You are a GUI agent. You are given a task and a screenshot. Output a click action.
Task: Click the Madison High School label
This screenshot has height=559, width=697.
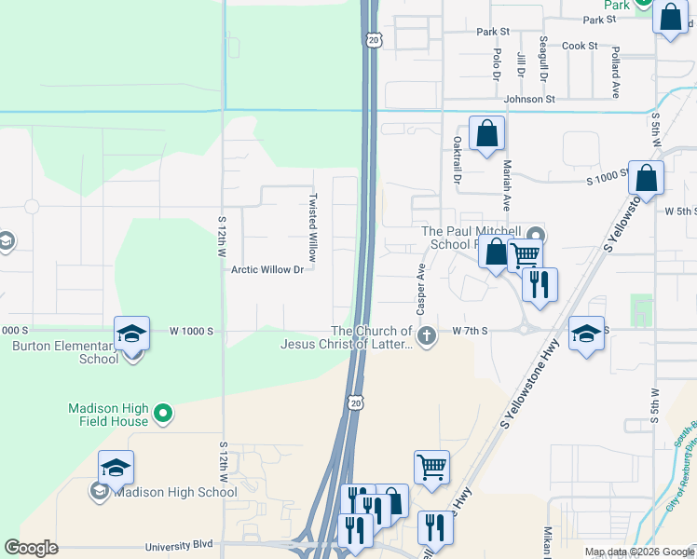click(x=175, y=492)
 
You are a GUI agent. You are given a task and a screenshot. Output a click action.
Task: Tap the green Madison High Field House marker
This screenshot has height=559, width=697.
click(x=163, y=412)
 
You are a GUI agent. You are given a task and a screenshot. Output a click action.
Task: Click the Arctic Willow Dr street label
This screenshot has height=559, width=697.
click(x=267, y=270)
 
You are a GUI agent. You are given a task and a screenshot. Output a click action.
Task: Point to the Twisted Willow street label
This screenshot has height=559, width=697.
click(x=313, y=227)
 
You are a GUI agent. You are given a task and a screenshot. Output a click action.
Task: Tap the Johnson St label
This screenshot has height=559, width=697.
click(x=528, y=99)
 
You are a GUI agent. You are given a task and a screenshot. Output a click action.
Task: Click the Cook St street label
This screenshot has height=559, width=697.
click(x=579, y=46)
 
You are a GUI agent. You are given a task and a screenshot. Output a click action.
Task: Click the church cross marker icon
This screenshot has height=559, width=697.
click(x=427, y=336)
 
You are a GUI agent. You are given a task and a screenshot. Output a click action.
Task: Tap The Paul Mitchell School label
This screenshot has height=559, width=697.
click(x=471, y=238)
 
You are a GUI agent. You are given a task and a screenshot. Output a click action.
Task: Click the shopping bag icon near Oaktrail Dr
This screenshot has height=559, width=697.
click(x=486, y=134)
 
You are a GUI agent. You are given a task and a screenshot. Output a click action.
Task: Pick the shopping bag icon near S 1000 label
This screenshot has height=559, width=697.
click(x=646, y=179)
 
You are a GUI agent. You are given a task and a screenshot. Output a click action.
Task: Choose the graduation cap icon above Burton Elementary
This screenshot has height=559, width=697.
click(x=132, y=334)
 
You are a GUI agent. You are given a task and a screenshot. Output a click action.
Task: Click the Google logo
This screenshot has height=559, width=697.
click(x=31, y=548)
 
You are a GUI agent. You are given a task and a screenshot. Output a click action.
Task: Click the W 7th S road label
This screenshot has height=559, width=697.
click(x=471, y=331)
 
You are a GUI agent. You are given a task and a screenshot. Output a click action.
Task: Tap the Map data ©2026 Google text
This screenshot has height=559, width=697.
click(x=639, y=552)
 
